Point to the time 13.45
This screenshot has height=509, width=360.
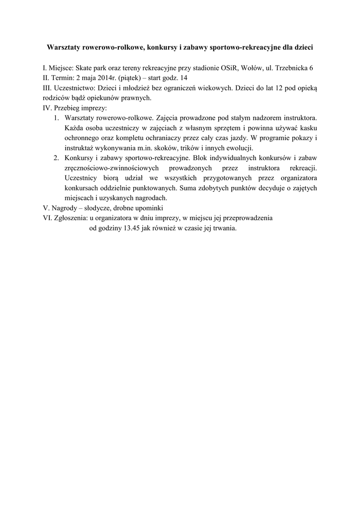(x=128, y=229)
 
